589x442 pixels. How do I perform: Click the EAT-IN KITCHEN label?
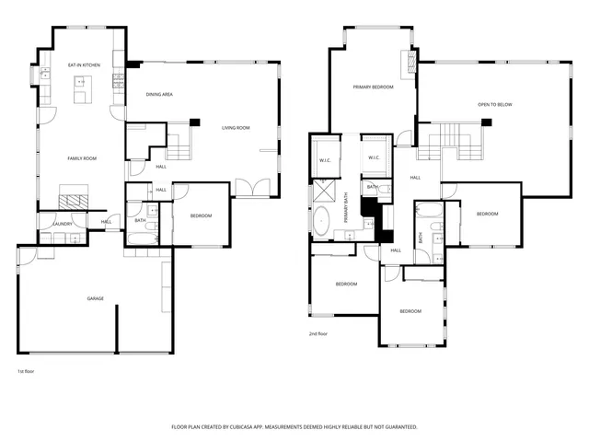click(84, 65)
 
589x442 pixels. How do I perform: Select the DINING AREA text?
click(160, 95)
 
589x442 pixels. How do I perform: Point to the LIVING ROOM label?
click(236, 128)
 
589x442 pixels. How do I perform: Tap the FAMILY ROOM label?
click(82, 158)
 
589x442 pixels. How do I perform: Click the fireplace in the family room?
click(75, 198)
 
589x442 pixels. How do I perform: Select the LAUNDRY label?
click(63, 223)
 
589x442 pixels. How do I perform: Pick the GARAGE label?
click(95, 298)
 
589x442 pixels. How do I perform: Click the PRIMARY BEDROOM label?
click(374, 87)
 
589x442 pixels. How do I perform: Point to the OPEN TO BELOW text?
click(494, 104)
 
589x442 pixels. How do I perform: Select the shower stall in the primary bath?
click(324, 191)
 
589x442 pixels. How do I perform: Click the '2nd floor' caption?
click(318, 334)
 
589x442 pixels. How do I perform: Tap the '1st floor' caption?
click(25, 371)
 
